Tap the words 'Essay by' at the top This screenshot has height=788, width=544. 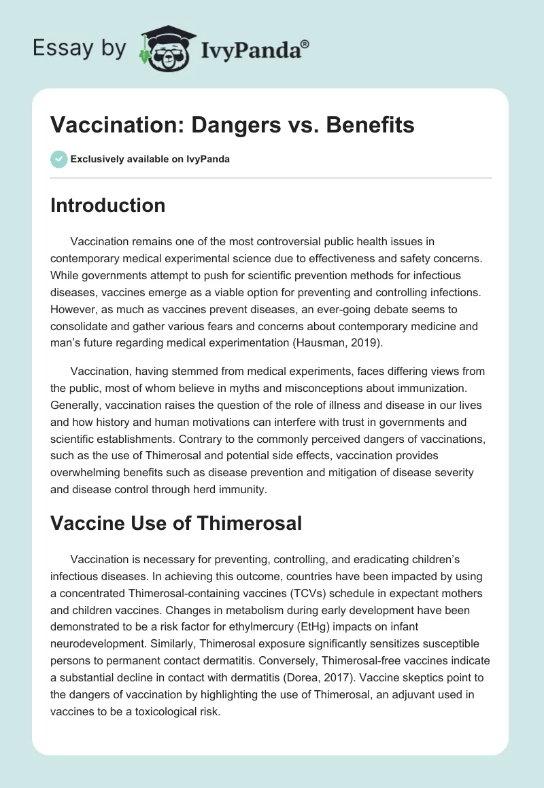(79, 48)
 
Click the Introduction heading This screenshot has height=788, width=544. (107, 205)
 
